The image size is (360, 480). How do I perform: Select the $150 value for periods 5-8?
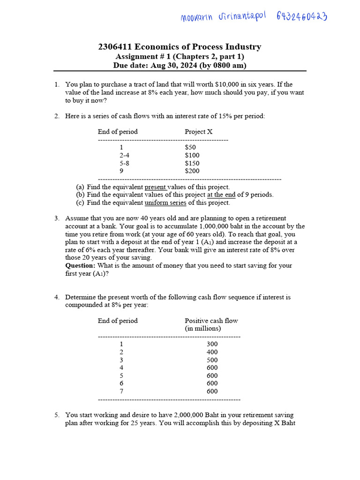[x=192, y=163]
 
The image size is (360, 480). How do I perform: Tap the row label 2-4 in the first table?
[x=124, y=155]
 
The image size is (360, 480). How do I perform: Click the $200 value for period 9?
[x=192, y=171]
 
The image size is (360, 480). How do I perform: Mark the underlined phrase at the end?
[x=221, y=195]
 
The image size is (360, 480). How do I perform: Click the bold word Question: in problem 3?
[x=81, y=265]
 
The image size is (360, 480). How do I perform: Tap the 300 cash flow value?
[x=212, y=344]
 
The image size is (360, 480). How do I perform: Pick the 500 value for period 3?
[x=212, y=360]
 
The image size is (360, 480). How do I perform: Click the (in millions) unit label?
[x=203, y=329]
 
